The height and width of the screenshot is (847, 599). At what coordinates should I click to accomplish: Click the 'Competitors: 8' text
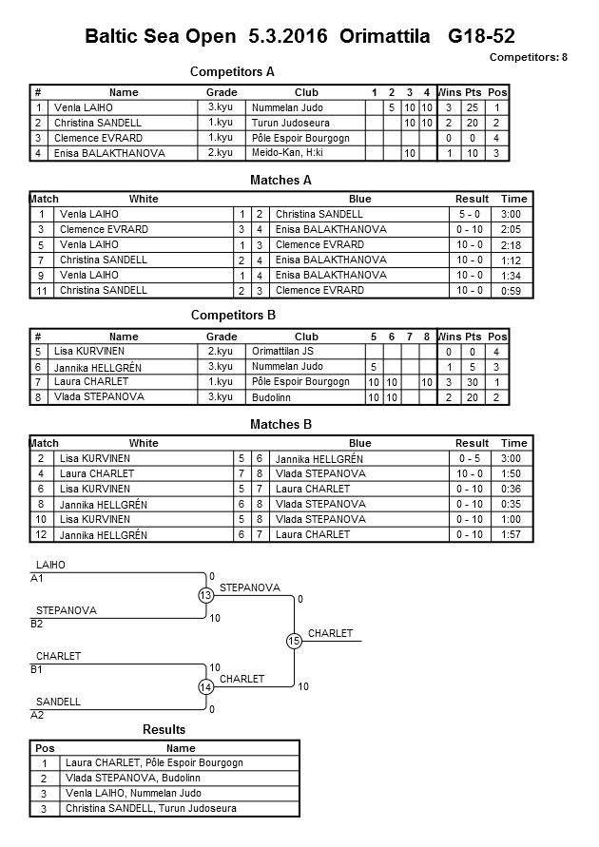(529, 57)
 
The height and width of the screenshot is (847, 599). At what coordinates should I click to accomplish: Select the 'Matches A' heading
(280, 180)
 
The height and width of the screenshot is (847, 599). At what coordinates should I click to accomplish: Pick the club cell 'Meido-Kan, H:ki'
(288, 153)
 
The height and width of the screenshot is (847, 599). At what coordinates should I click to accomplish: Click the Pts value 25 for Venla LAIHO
(473, 107)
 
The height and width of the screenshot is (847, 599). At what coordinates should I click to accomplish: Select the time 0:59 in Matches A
(514, 290)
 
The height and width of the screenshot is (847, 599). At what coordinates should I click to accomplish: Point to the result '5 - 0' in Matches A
(471, 214)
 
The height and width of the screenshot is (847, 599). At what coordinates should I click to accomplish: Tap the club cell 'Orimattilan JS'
(282, 352)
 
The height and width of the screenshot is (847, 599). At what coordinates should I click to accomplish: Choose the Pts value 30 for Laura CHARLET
(473, 382)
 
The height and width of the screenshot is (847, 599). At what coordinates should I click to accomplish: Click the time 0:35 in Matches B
(514, 504)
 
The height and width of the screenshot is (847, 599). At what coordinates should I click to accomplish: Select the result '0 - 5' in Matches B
(471, 458)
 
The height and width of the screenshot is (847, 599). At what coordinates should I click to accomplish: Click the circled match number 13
(206, 595)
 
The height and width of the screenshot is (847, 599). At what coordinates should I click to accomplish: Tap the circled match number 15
(294, 642)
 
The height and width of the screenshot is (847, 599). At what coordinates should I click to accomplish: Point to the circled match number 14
(206, 686)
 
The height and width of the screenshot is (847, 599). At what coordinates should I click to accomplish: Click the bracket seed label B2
(37, 624)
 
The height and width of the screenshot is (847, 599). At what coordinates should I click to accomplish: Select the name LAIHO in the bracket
(50, 565)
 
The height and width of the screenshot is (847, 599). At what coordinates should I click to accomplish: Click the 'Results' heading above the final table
(164, 730)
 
